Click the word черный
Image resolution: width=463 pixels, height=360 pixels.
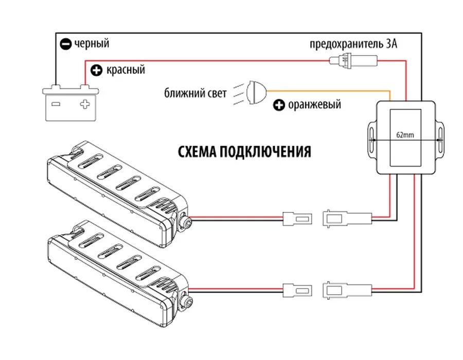92,44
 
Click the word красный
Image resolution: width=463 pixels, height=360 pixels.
125,69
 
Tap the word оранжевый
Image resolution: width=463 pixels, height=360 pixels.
314,105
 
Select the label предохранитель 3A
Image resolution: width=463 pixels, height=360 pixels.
353,44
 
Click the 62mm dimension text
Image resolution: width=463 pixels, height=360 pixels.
405,135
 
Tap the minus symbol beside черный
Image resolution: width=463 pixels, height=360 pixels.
65,44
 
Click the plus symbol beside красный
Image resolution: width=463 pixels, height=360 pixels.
96,70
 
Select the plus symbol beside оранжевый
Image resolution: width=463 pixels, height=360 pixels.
278,105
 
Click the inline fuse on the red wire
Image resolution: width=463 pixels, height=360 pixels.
353,61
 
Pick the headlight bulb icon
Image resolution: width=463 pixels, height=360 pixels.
256,93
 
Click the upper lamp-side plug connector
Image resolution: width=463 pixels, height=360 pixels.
297,218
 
